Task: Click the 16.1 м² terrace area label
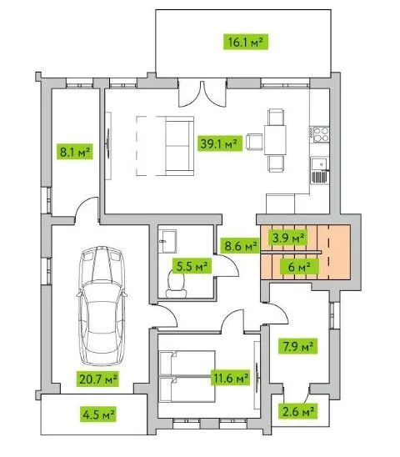[x=246, y=42]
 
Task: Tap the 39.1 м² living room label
[x=220, y=143]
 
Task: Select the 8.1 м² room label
[x=75, y=152]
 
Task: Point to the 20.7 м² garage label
[x=97, y=379]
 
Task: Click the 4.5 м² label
[x=98, y=414]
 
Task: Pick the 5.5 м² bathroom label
[x=192, y=266]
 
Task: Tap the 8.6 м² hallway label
[x=240, y=246]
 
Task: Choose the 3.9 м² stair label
[x=287, y=238]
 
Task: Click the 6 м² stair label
[x=299, y=266]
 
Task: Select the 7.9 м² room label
[x=297, y=346]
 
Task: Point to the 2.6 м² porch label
[x=297, y=411]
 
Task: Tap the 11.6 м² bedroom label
[x=231, y=378]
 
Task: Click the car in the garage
[x=102, y=306]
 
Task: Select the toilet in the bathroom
[x=177, y=284]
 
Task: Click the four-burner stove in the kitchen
[x=320, y=134]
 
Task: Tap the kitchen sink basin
[x=318, y=164]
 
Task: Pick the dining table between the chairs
[x=275, y=140]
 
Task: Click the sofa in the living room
[x=179, y=146]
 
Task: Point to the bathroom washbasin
[x=168, y=241]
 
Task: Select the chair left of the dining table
[x=255, y=142]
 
